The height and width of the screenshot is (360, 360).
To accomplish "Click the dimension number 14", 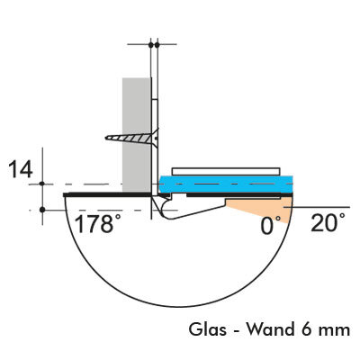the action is [x=21, y=169].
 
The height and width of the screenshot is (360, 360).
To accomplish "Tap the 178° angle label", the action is [x=94, y=224].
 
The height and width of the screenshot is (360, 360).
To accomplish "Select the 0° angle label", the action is [x=271, y=226].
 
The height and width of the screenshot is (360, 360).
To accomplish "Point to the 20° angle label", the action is [x=328, y=222].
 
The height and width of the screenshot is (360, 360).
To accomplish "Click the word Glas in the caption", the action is [x=207, y=329].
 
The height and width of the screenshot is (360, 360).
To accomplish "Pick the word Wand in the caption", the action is [x=271, y=329].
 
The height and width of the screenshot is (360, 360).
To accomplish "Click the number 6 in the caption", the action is [x=305, y=329].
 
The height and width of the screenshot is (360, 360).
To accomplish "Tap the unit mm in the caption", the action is [x=334, y=331].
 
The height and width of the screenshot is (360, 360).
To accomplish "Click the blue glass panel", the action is [x=226, y=184].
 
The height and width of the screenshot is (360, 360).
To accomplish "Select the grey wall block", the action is [x=137, y=135].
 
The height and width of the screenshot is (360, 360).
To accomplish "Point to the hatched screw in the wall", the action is [x=132, y=139].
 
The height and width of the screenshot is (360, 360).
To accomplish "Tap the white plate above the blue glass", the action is [x=226, y=172].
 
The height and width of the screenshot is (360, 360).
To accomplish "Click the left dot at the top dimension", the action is [x=150, y=45].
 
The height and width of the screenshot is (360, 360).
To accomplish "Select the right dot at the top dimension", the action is [x=157, y=45].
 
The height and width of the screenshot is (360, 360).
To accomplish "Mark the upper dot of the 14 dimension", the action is [x=42, y=184].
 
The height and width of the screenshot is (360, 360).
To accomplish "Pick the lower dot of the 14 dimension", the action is [x=42, y=210].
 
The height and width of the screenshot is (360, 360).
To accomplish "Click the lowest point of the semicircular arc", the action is [x=178, y=306].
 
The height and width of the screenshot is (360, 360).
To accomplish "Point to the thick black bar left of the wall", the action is [x=107, y=194].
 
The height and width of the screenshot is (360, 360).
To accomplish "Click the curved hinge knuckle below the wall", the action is [x=164, y=209].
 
